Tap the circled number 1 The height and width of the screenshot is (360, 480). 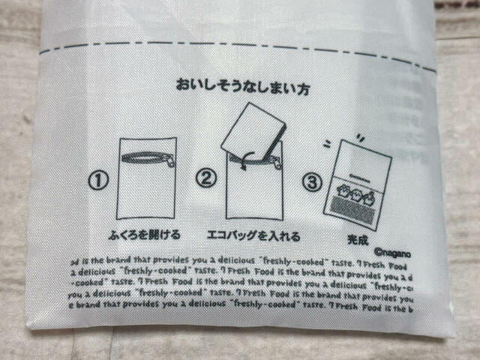point(99,180)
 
